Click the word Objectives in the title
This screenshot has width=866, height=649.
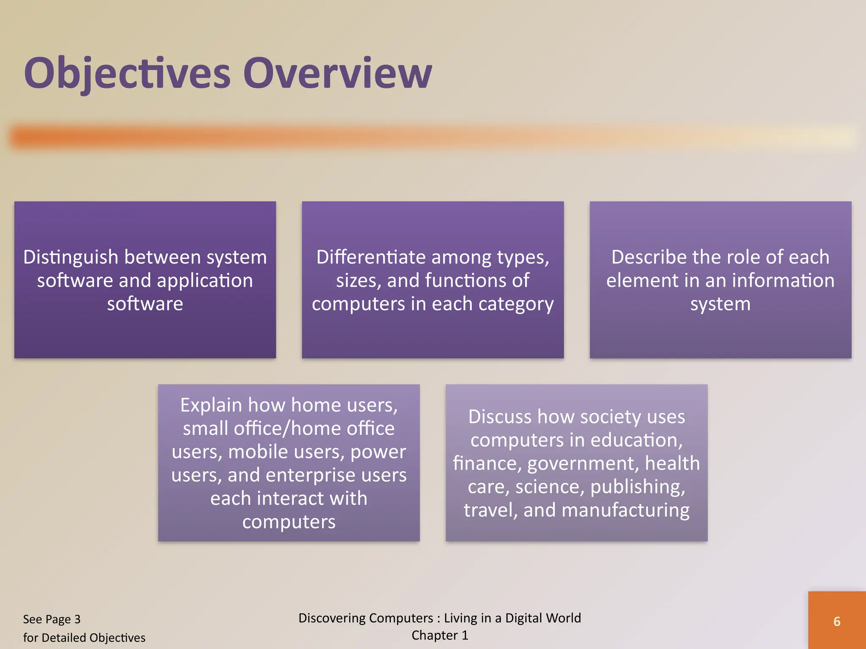[127, 74]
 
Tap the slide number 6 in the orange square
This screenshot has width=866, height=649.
[836, 621]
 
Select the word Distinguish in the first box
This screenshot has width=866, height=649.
[71, 257]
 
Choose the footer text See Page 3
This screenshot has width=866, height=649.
[52, 619]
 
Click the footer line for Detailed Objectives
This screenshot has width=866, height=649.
[84, 638]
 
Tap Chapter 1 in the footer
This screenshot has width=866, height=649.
[440, 635]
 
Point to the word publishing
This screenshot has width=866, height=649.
[638, 487]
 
